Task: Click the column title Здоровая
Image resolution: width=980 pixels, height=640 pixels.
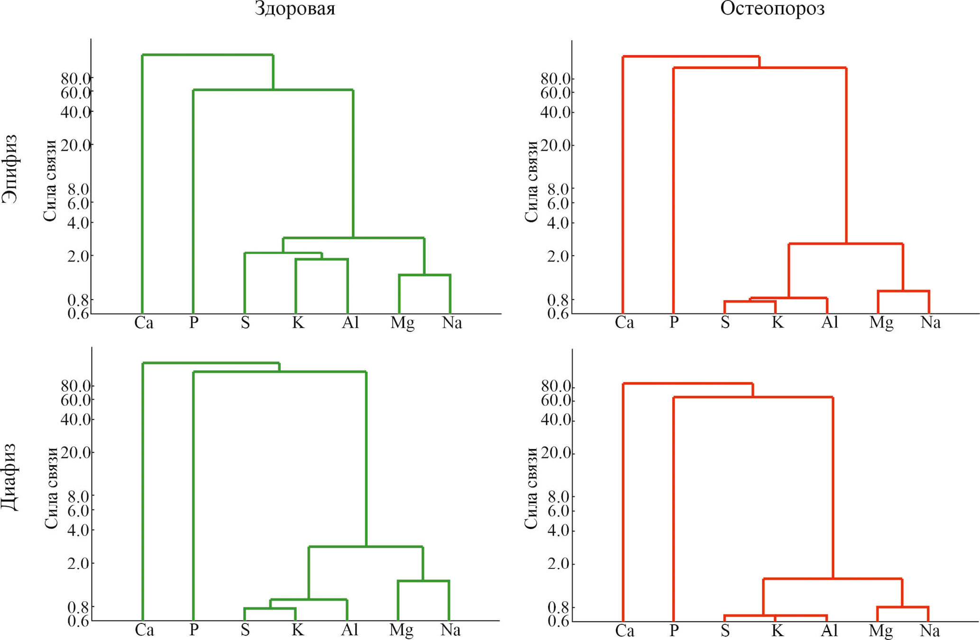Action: [x=295, y=9]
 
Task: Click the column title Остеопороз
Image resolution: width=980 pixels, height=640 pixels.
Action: [x=772, y=9]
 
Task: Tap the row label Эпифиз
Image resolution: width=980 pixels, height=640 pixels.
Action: [x=10, y=169]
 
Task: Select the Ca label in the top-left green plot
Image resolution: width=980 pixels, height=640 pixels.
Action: [x=144, y=323]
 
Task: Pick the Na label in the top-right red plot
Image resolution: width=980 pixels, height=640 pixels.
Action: [x=930, y=323]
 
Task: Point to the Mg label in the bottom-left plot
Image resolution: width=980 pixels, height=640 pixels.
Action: [x=401, y=630]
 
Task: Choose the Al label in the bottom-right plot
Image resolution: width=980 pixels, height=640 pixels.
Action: [x=829, y=631]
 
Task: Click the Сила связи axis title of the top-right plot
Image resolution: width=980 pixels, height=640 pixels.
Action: [x=531, y=181]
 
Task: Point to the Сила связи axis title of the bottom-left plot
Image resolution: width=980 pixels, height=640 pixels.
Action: [x=51, y=488]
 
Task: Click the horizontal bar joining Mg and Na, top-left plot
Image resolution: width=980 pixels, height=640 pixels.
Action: [x=424, y=275]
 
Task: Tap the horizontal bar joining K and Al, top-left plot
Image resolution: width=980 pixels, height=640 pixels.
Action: [x=321, y=259]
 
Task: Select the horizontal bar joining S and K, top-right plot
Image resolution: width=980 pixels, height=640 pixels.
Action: [x=750, y=301]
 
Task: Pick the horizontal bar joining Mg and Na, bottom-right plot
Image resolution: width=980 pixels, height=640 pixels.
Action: [x=903, y=607]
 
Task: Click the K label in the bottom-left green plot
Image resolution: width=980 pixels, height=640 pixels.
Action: [x=297, y=630]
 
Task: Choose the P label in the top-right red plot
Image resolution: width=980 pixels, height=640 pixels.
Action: [x=674, y=323]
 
